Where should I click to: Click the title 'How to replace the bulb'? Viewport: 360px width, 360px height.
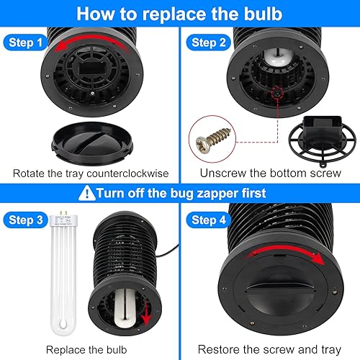click(180, 13)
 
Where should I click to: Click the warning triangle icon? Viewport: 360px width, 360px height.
click(89, 192)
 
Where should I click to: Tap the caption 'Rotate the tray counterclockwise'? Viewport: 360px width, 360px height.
click(89, 174)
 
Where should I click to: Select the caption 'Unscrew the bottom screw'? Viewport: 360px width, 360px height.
click(270, 174)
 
